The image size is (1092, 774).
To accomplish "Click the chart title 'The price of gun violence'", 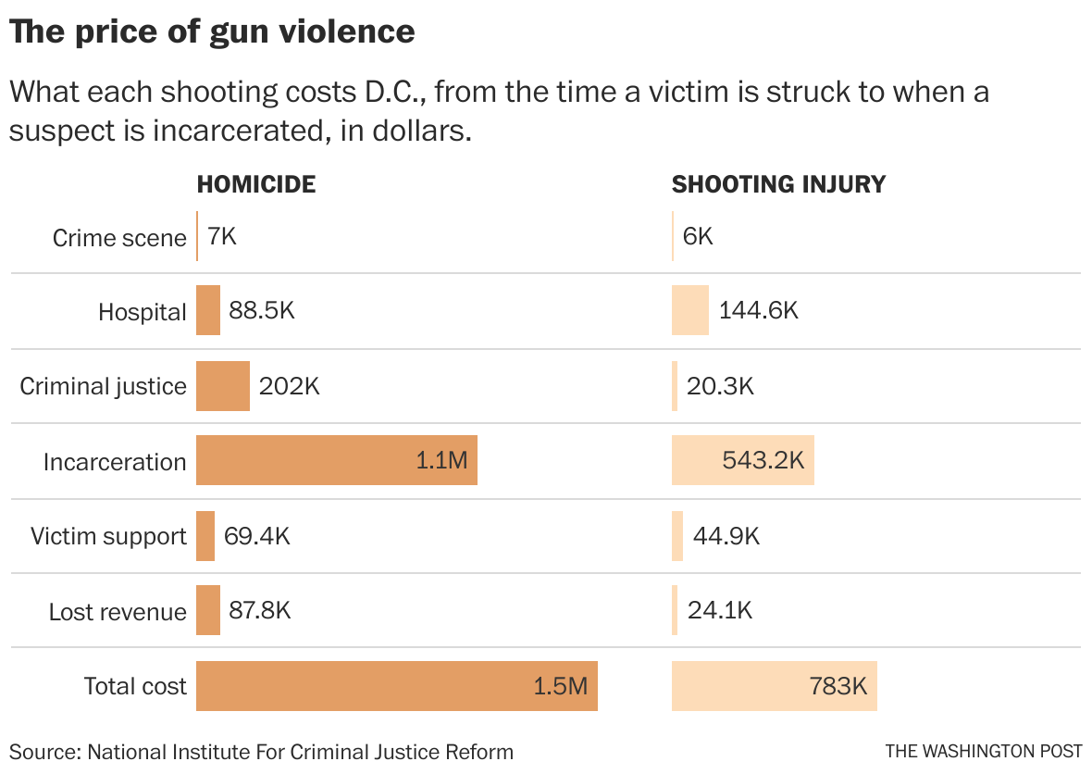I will pos(212,32).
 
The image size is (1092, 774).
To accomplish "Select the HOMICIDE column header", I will pos(256,184).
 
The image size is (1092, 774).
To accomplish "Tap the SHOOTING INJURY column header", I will pos(778,184).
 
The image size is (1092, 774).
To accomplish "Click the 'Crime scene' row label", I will pos(119,238).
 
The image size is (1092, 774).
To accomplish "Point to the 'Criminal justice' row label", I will pos(103,386).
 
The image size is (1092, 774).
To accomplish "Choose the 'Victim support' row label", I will pos(108,536).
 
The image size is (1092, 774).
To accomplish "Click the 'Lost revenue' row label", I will pos(118,611).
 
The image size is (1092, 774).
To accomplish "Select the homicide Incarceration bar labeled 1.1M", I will pos(336,460).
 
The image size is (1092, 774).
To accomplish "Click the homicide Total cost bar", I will pos(396,686).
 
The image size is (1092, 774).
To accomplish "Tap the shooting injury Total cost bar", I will pos(774,686).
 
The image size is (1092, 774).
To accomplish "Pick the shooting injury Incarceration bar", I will pos(742,460).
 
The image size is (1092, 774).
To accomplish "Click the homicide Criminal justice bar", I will pos(222,386).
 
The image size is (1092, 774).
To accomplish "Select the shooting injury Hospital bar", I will pos(689,311).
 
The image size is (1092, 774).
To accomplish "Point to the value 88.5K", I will pos(262,310).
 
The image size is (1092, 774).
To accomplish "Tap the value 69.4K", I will pos(256,536).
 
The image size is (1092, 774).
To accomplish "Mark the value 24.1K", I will pos(719,610).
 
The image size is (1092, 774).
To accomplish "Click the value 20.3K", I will pos(720,386).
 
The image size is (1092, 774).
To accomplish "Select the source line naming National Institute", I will pos(261,751).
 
